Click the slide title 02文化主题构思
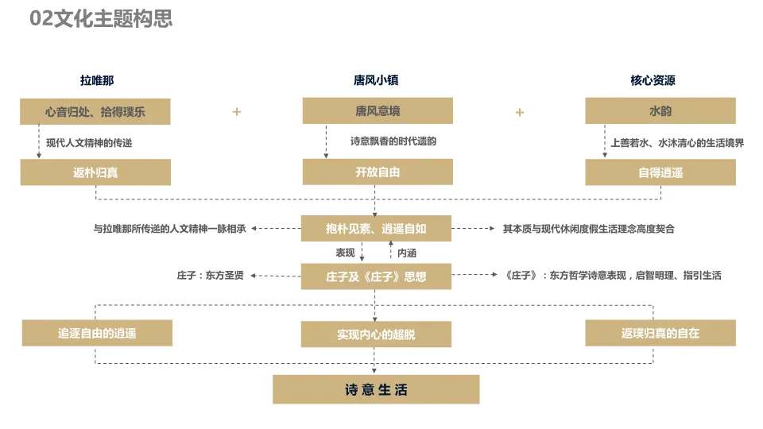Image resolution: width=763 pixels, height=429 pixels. pyautogui.click(x=101, y=19)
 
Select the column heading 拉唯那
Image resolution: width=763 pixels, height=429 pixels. pyautogui.click(x=96, y=80)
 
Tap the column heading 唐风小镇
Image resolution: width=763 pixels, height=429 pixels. pyautogui.click(x=376, y=80)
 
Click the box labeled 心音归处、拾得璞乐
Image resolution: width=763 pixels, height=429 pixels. pyautogui.click(x=95, y=112)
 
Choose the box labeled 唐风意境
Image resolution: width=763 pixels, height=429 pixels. pyautogui.click(x=378, y=111)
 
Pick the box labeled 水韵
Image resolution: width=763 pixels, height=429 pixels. pyautogui.click(x=660, y=111)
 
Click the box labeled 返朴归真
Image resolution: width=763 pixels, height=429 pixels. pyautogui.click(x=95, y=172)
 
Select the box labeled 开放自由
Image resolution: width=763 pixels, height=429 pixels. pyautogui.click(x=378, y=172)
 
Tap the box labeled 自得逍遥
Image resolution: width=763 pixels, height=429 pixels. pyautogui.click(x=660, y=172)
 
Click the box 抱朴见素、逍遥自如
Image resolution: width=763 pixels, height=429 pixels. pyautogui.click(x=376, y=229)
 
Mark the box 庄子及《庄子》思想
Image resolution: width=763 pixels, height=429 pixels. pyautogui.click(x=376, y=276)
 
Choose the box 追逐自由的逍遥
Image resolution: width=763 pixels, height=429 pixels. pyautogui.click(x=97, y=333)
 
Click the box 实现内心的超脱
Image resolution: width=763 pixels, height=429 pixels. pyautogui.click(x=376, y=334)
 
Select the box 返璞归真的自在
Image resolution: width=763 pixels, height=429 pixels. pyautogui.click(x=660, y=333)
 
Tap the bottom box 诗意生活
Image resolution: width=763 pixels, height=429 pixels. pyautogui.click(x=376, y=390)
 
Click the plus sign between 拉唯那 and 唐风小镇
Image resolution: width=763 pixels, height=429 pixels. pyautogui.click(x=236, y=112)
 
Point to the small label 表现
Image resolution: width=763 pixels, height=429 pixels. pyautogui.click(x=345, y=253)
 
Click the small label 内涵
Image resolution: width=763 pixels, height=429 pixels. pyautogui.click(x=407, y=253)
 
